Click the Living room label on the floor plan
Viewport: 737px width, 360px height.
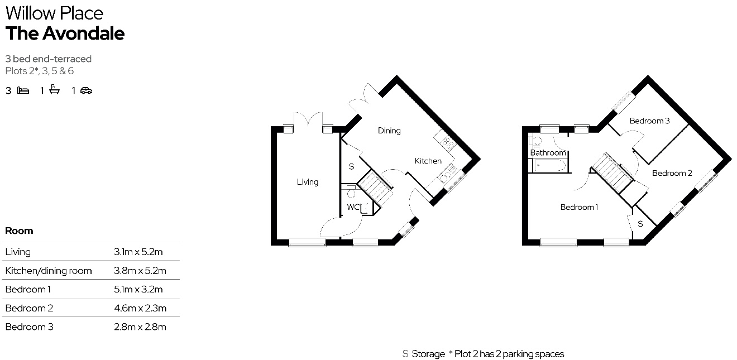tap(308, 182)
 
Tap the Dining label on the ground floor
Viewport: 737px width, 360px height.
tap(389, 131)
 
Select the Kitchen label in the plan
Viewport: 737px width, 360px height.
tap(428, 161)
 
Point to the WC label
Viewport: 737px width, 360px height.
tap(353, 207)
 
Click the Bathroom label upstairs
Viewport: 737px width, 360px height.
tap(548, 152)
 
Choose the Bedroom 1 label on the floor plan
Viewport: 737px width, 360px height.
tap(579, 207)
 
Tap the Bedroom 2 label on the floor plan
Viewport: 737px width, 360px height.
tap(672, 173)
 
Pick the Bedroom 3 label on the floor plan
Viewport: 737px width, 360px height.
tap(649, 121)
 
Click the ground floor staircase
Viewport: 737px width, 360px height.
tap(375, 188)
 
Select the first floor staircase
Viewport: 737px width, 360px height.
tap(612, 172)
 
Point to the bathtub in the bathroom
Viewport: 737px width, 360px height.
tap(549, 165)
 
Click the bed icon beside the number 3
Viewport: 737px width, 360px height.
tap(23, 90)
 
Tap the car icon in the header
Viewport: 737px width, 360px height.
tap(86, 90)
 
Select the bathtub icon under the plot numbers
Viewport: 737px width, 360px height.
tap(55, 89)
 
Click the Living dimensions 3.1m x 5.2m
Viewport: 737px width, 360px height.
tap(138, 252)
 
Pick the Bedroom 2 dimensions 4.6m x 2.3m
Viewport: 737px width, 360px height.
tap(140, 309)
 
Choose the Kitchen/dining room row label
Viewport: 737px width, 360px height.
tap(49, 271)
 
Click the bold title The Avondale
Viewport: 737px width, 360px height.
tap(65, 33)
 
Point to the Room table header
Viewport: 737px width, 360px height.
tap(19, 231)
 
